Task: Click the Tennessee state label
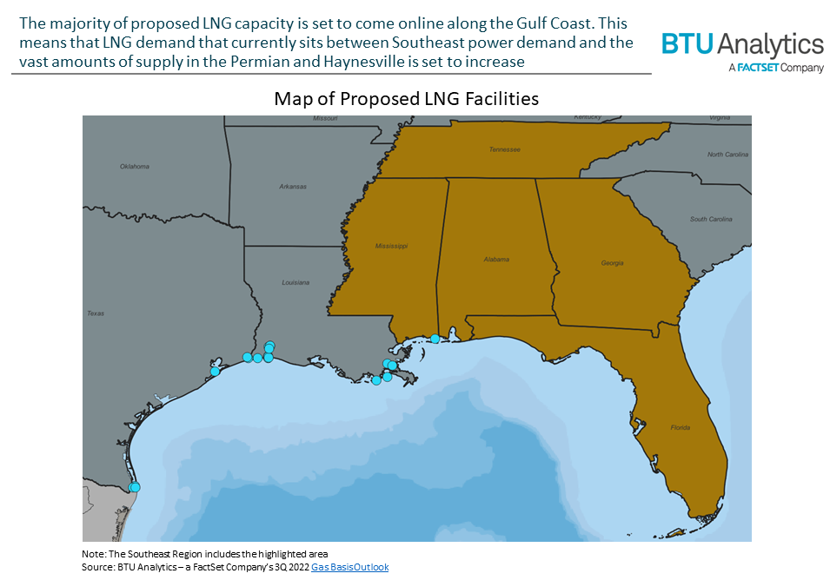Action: point(504,149)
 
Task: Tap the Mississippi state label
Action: point(391,246)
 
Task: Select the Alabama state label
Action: point(496,259)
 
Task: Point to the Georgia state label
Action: point(612,262)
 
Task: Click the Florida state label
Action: point(681,427)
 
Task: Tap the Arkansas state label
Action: point(293,186)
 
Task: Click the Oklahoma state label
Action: point(135,166)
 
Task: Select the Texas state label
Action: point(96,313)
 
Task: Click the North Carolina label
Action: point(727,155)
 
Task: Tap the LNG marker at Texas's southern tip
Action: point(135,487)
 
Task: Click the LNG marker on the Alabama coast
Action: point(435,339)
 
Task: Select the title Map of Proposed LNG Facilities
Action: point(406,99)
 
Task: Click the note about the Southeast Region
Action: point(204,554)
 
